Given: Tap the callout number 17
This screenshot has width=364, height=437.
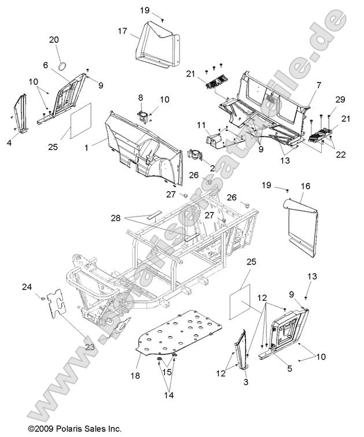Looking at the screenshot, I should tap(123, 31).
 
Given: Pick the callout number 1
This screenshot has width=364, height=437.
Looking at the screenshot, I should tap(86, 148).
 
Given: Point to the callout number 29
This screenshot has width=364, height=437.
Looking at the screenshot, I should tap(340, 100).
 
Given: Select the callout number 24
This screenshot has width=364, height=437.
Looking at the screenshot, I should tap(27, 287).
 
